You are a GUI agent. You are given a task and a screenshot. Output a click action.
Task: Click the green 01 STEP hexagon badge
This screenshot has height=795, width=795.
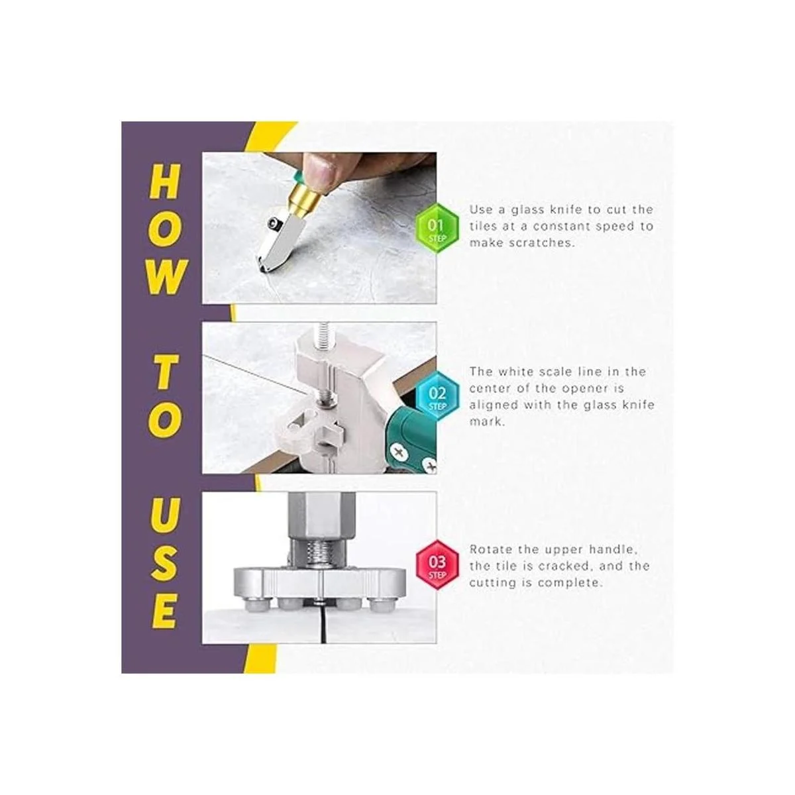tap(437, 229)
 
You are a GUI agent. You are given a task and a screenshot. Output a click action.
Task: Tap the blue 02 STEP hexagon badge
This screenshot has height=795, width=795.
tap(437, 396)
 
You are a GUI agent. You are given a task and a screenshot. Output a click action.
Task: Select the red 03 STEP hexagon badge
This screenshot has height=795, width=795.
tap(437, 564)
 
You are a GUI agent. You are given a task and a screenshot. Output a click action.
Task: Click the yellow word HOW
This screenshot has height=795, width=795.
tap(165, 229)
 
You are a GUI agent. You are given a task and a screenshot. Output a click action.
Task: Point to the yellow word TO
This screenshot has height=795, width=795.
tap(164, 397)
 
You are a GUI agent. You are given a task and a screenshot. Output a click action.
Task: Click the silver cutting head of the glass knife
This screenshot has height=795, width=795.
tap(276, 239)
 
